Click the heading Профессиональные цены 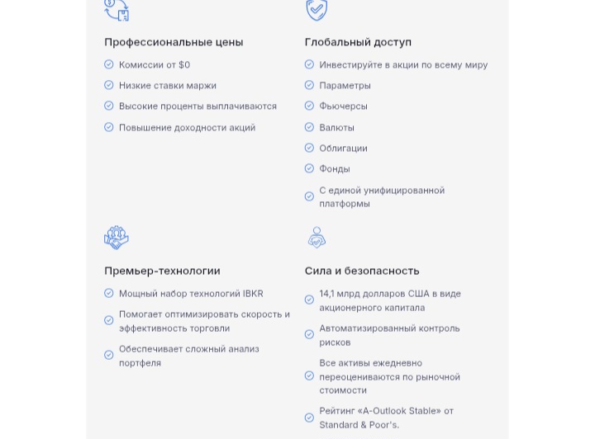[x=174, y=42]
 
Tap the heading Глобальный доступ [x=358, y=42]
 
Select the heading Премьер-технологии [x=162, y=271]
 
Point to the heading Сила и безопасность [x=362, y=271]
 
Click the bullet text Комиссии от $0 [x=155, y=64]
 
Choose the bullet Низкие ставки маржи [x=168, y=85]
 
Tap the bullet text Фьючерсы [x=343, y=106]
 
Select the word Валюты [x=336, y=127]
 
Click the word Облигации [x=343, y=148]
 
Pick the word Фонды [x=335, y=168]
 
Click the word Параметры [x=345, y=85]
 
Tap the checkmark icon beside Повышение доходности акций [x=109, y=127]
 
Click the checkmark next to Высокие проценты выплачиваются [x=109, y=106]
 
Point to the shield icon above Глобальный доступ [x=317, y=10]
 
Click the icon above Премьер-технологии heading [x=117, y=238]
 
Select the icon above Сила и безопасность [x=317, y=238]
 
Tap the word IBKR [x=253, y=293]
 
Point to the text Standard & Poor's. [x=359, y=424]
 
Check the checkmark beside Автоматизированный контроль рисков [x=309, y=334]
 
